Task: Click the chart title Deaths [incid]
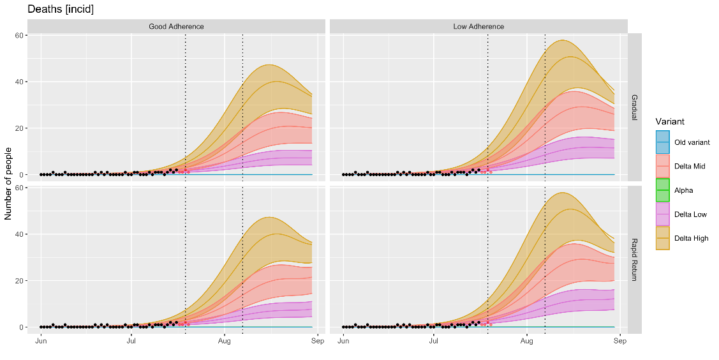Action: click(61, 10)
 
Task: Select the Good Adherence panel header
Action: click(176, 26)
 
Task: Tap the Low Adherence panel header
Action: click(478, 26)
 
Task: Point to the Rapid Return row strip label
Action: click(635, 260)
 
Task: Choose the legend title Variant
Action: click(669, 121)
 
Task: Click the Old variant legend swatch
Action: click(663, 142)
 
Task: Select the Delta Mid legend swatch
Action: click(663, 167)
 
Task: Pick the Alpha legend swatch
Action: click(663, 190)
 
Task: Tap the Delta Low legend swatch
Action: click(663, 214)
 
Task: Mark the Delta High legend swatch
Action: click(663, 238)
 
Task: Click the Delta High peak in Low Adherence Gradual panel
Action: click(562, 40)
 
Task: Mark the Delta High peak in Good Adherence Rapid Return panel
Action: click(269, 217)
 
